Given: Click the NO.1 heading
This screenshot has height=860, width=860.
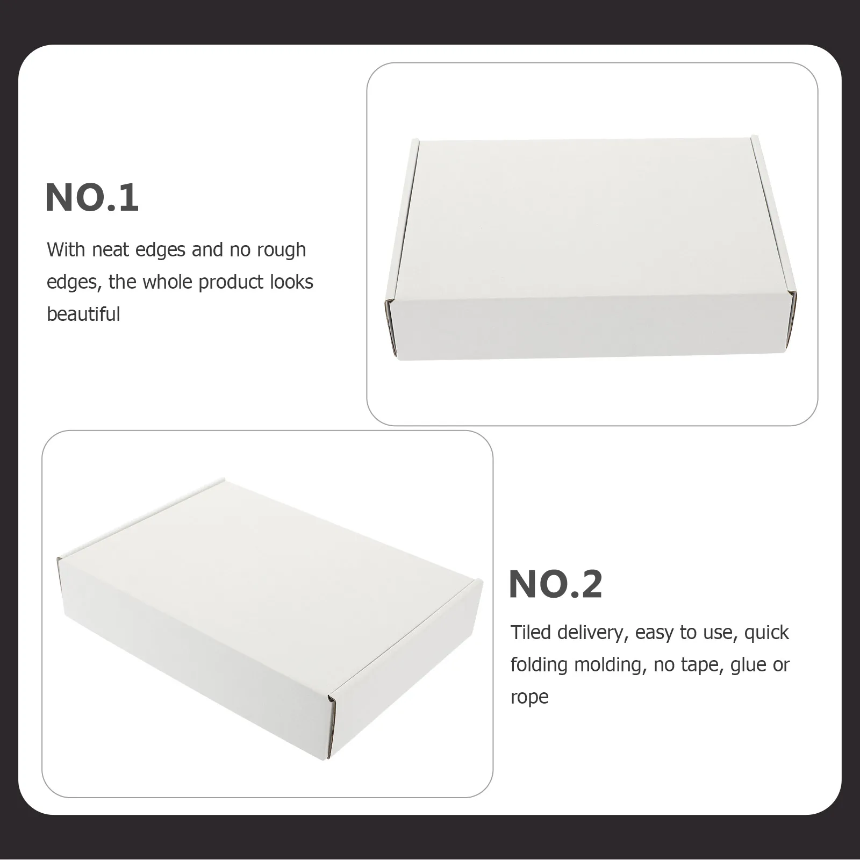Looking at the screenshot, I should tap(92, 198).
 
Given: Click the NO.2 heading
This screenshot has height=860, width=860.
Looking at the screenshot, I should tap(555, 584).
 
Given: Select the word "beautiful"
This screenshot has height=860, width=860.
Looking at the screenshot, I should tap(83, 314).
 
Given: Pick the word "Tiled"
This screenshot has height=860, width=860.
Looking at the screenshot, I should tap(531, 633).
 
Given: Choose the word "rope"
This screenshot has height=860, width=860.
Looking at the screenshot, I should tap(529, 697).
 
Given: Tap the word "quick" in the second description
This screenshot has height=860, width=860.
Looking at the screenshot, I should tap(766, 633).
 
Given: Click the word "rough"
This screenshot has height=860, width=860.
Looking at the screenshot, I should tap(281, 250).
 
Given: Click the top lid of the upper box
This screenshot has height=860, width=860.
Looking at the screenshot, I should tap(583, 215).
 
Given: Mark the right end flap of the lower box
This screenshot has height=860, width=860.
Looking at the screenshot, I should tap(408, 666).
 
